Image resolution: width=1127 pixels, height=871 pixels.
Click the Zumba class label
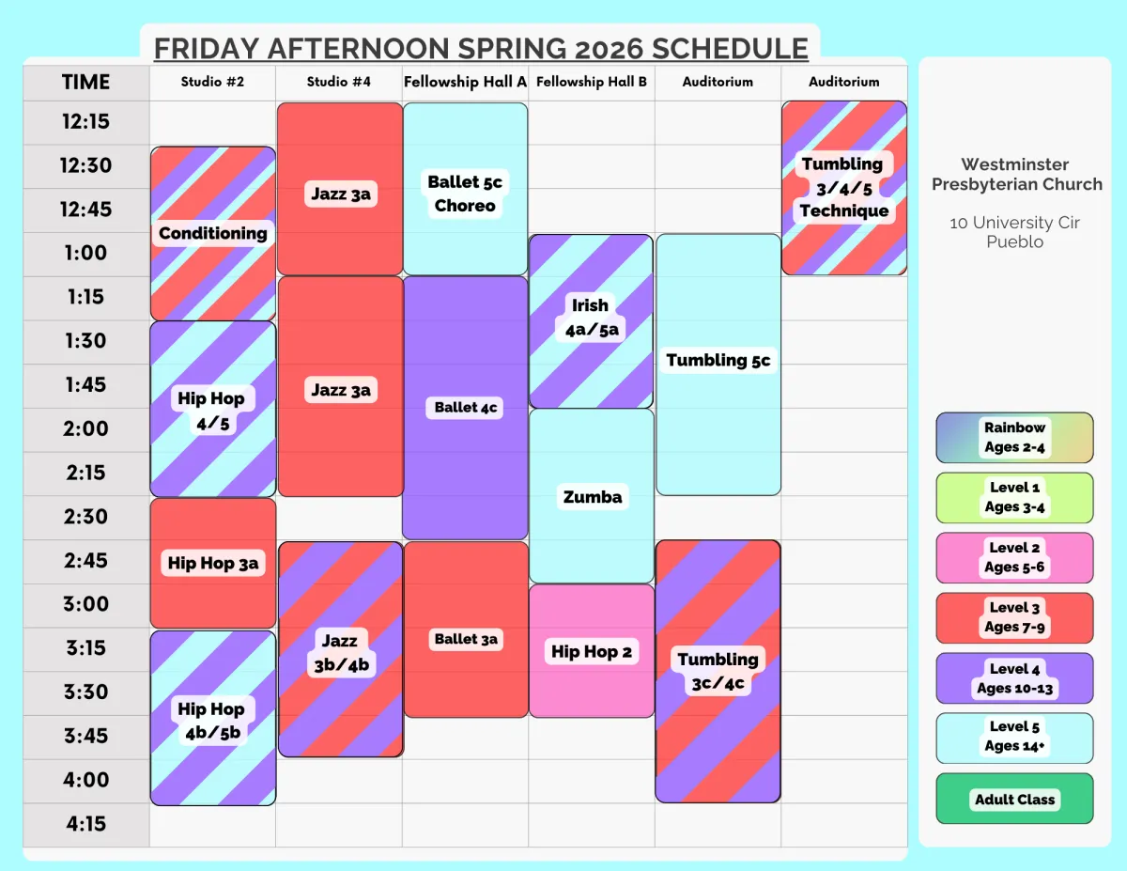(x=593, y=497)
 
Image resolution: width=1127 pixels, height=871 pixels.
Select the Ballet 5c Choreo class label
(x=465, y=194)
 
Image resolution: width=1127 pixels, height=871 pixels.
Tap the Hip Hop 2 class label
(x=592, y=651)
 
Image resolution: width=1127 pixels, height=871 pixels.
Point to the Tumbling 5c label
(x=718, y=360)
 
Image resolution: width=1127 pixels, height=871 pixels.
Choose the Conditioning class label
(x=212, y=233)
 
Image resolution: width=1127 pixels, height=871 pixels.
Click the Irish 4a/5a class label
(x=592, y=318)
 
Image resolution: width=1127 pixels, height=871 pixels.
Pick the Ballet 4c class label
(x=465, y=407)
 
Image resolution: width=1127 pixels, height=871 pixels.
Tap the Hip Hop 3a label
(x=212, y=563)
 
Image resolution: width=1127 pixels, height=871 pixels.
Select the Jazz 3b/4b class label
(x=341, y=653)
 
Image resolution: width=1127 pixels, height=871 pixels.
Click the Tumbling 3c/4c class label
(x=718, y=671)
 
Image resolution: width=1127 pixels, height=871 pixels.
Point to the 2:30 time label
(x=86, y=517)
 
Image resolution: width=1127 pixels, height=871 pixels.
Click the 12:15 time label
(x=86, y=122)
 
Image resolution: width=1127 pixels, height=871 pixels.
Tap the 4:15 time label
(x=86, y=824)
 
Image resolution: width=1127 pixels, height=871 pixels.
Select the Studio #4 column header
(x=339, y=82)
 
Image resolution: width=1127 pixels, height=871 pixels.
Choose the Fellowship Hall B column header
(x=592, y=82)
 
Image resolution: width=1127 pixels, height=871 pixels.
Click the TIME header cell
(x=86, y=82)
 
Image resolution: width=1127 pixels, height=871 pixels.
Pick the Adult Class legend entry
(x=1014, y=799)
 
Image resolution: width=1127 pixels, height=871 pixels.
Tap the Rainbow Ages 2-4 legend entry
(x=1014, y=437)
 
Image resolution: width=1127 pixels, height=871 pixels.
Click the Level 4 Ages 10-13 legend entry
(x=1014, y=678)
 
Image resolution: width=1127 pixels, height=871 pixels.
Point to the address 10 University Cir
(x=1014, y=223)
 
